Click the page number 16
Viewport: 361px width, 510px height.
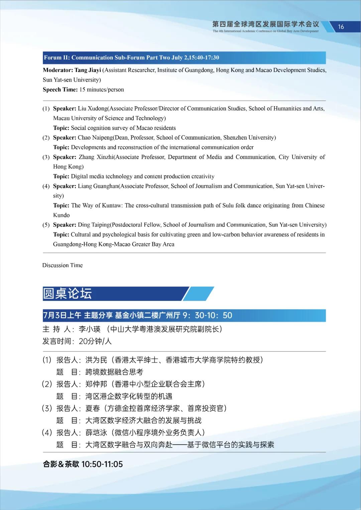[x=341, y=27]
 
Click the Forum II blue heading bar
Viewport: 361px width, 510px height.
[x=184, y=57]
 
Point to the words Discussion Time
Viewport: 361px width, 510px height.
[x=63, y=265]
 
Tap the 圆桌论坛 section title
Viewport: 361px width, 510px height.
[x=67, y=294]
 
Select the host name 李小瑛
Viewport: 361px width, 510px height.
[x=90, y=329]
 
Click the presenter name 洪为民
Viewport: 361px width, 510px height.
[x=96, y=360]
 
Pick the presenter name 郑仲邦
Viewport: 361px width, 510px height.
[x=96, y=384]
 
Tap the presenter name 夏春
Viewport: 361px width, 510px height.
[x=93, y=408]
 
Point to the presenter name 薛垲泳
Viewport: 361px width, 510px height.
[x=96, y=433]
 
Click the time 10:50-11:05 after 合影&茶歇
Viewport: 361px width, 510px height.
[x=102, y=464]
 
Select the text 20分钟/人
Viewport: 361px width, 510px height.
[x=95, y=341]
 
